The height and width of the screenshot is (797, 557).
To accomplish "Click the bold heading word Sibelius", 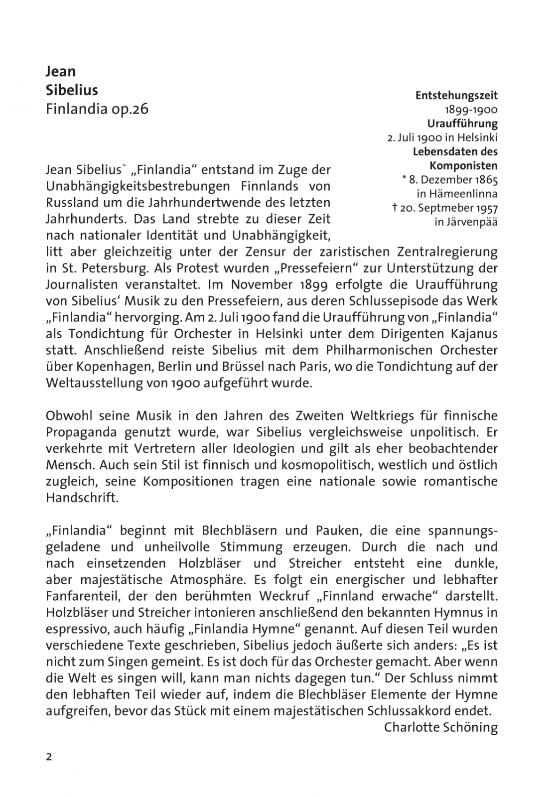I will click(72, 90).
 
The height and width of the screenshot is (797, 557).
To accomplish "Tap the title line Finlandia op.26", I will click(97, 109).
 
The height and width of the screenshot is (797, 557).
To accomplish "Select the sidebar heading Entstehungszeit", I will click(456, 95).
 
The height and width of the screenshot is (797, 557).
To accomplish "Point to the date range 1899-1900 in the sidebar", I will click(471, 110).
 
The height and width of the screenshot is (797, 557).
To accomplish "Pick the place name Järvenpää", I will click(466, 222).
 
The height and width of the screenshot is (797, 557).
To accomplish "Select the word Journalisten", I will click(82, 284).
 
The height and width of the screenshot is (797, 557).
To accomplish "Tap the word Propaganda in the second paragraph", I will click(82, 432).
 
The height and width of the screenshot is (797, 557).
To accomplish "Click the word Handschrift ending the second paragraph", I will click(82, 498).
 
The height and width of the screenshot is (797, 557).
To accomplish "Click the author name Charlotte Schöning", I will click(440, 727).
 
